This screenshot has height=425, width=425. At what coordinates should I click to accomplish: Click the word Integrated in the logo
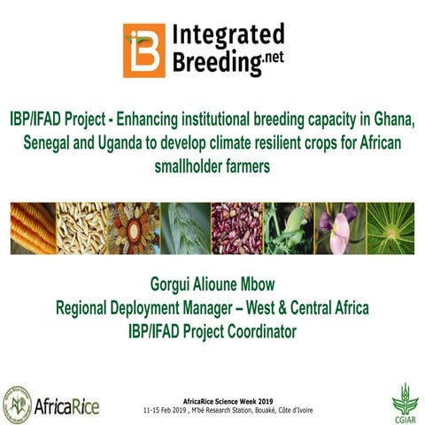pos(228,35)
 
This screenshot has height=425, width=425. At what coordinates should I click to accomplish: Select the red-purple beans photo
pos(237,228)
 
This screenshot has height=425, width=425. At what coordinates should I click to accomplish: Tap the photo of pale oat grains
pos(81,228)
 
